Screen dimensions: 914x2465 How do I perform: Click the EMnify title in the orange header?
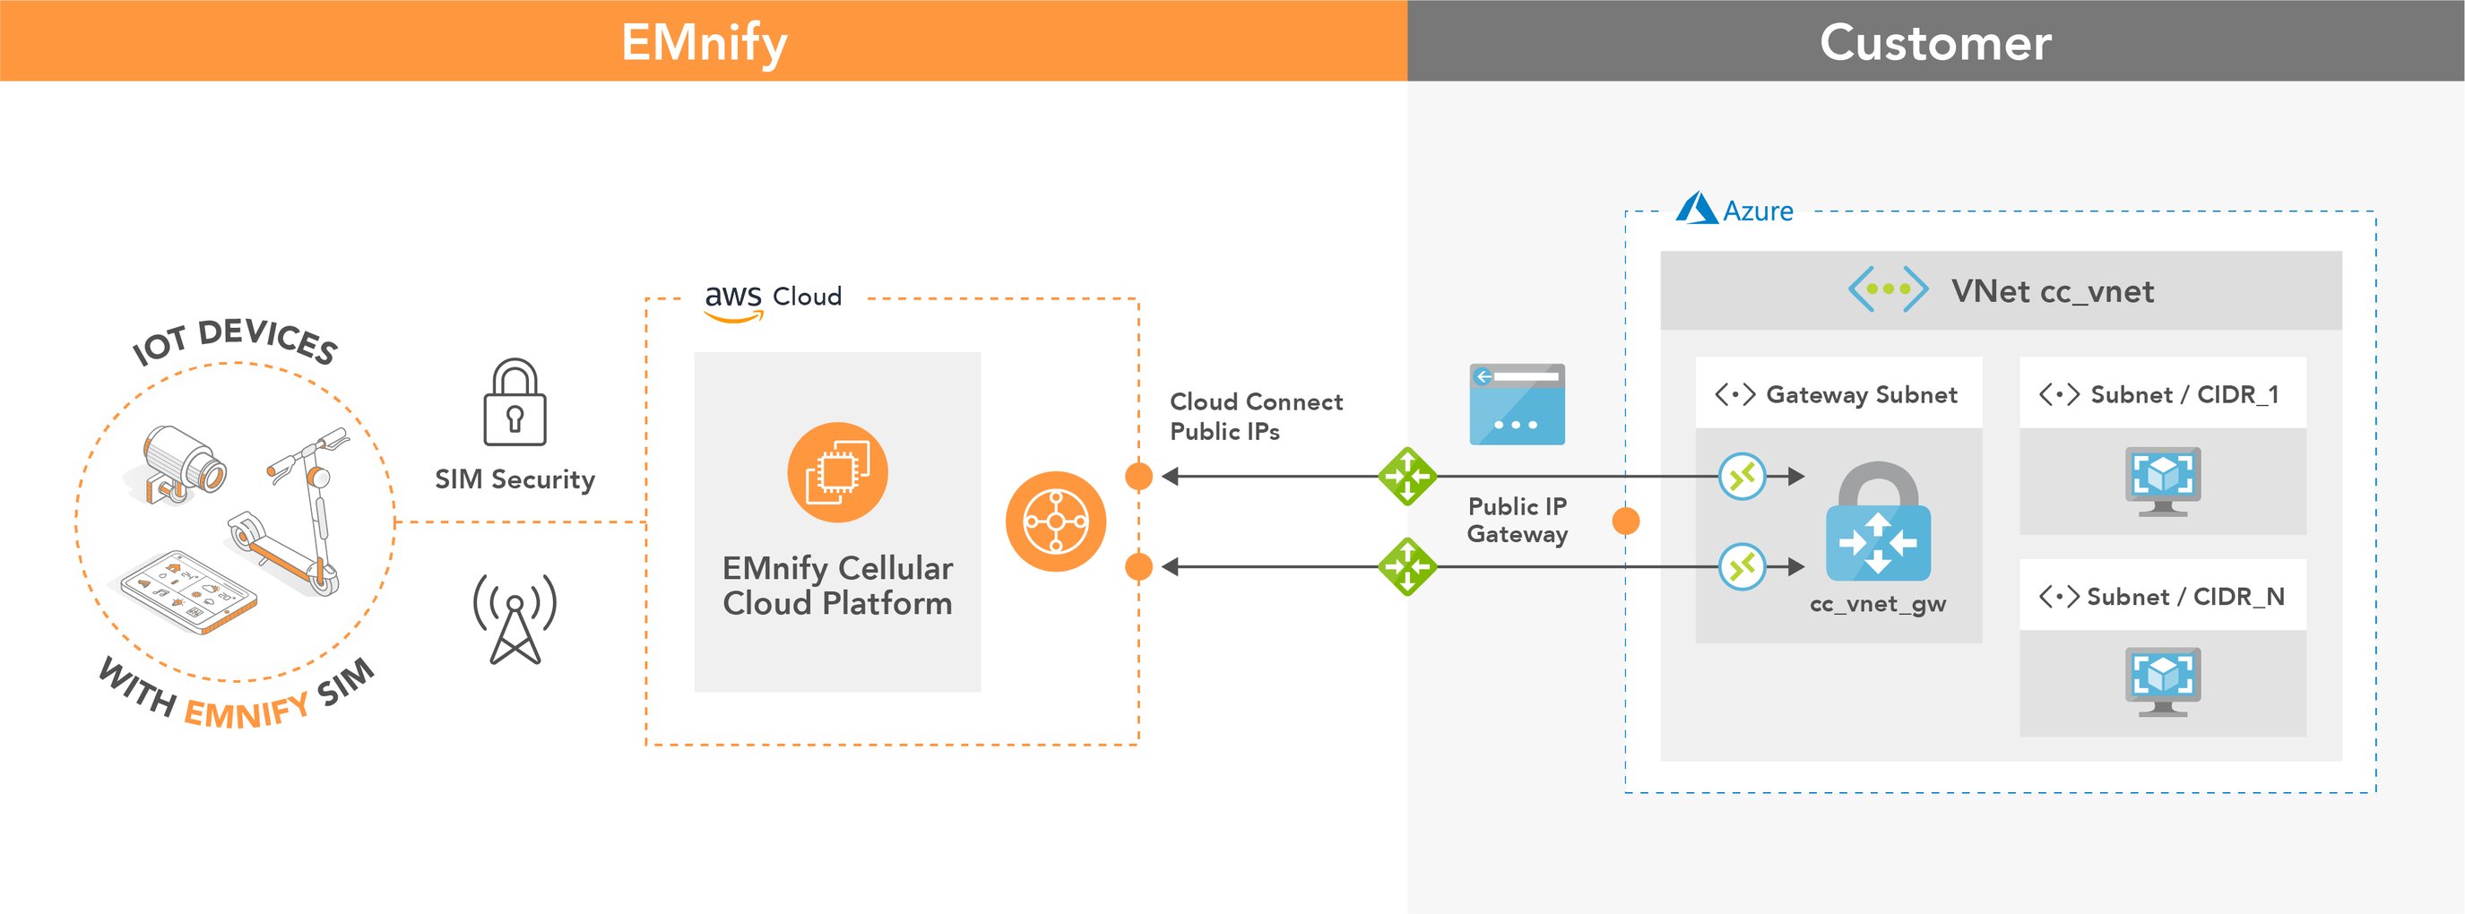[705, 43]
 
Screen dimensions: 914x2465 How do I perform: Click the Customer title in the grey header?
[1935, 43]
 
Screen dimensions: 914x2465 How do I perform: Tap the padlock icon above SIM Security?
[515, 403]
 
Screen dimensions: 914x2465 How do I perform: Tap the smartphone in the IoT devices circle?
[188, 591]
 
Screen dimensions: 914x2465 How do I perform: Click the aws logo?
[733, 298]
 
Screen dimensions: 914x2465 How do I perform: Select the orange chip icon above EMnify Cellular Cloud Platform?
[837, 472]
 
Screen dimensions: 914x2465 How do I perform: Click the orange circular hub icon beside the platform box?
[1056, 522]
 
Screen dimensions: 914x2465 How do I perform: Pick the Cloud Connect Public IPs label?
[1255, 417]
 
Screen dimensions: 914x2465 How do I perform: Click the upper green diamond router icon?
[1406, 476]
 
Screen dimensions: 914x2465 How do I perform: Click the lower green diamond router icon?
[1406, 566]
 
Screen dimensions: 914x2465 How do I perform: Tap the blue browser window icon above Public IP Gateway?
[1517, 404]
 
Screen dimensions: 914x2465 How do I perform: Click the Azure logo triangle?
[1696, 208]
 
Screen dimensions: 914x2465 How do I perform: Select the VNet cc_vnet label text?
[2052, 291]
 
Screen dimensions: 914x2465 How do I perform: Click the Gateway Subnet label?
[1860, 394]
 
